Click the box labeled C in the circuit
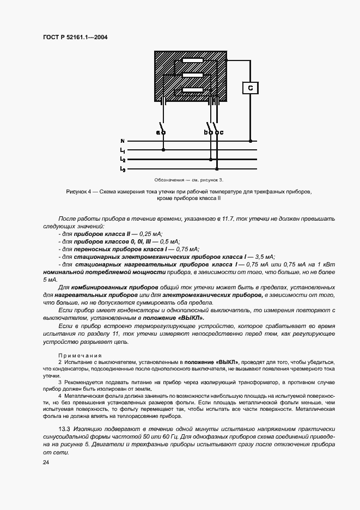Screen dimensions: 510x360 250,88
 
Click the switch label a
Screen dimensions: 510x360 158,132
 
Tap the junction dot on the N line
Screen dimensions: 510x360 250,141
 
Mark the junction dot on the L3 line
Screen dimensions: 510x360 218,169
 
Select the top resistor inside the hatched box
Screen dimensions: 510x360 192,60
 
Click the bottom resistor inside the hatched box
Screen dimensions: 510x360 192,90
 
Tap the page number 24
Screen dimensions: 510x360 45,462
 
